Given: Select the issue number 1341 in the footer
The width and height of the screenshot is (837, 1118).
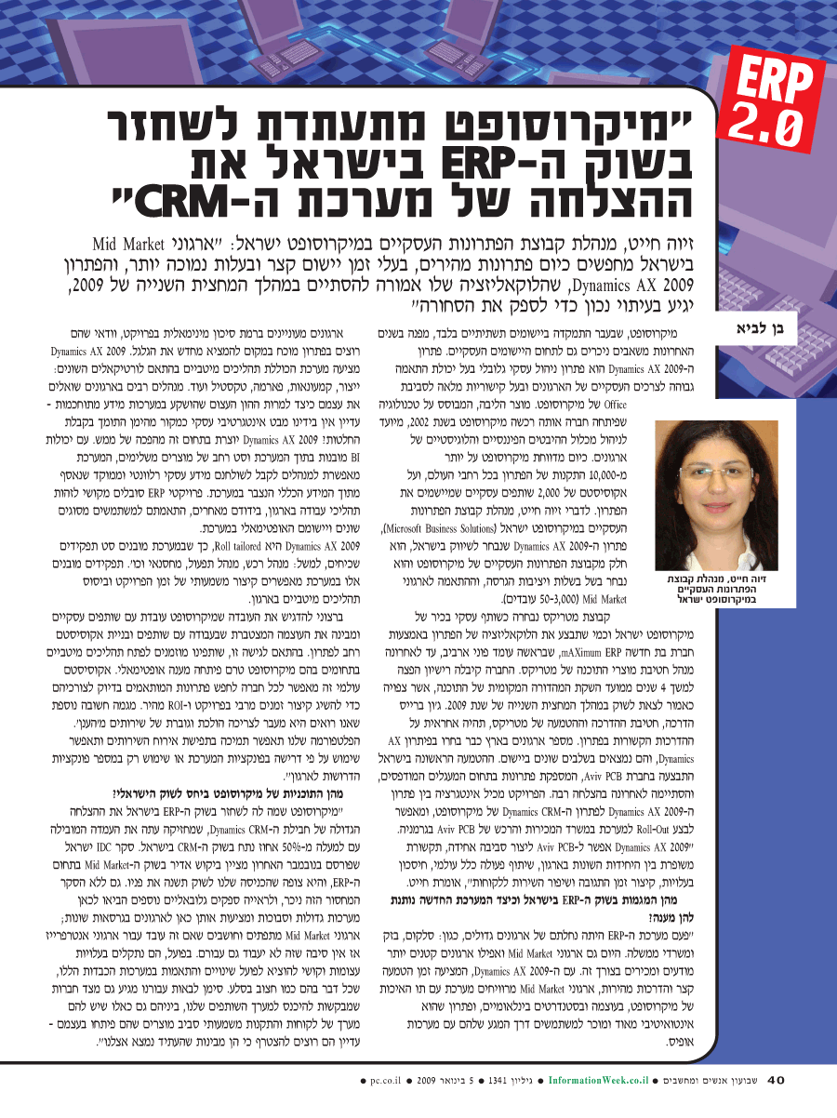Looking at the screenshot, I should [x=503, y=1081].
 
